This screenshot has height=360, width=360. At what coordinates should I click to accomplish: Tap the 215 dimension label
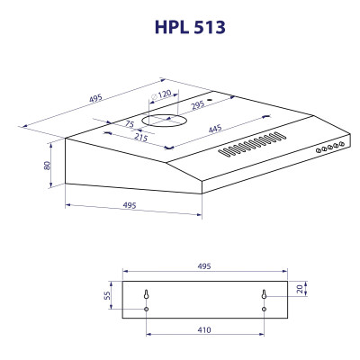click(140, 137)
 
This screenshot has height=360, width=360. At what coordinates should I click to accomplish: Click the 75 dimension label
click(130, 125)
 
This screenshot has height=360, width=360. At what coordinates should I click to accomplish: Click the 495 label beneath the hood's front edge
click(129, 206)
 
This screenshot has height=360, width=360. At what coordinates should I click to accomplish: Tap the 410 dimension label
click(204, 330)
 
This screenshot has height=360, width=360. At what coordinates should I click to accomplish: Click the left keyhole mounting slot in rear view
click(146, 293)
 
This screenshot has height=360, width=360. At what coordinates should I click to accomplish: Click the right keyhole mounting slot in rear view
click(264, 293)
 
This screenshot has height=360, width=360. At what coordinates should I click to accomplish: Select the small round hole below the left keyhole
click(146, 310)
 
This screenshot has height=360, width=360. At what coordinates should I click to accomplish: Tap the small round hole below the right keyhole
click(264, 310)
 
